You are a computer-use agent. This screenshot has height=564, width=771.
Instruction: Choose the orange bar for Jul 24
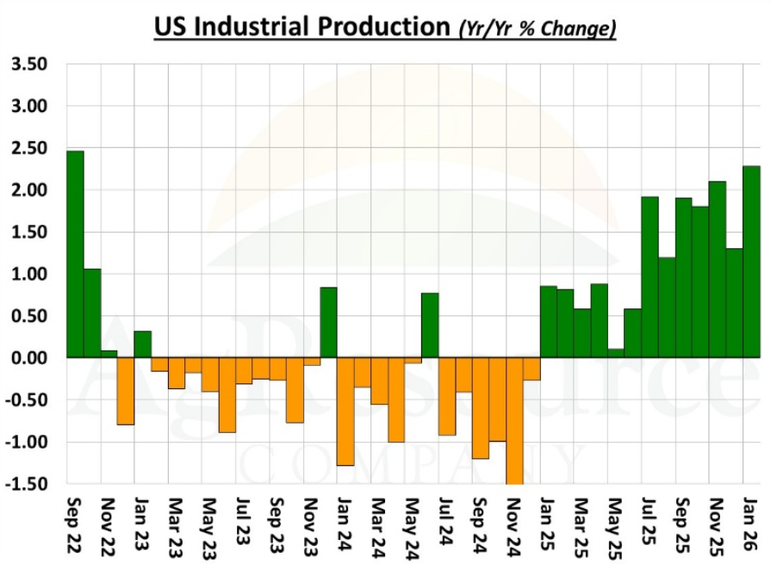(447, 396)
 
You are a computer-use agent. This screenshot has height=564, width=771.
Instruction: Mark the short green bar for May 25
(616, 353)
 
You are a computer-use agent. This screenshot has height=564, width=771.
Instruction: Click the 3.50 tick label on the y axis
(28, 65)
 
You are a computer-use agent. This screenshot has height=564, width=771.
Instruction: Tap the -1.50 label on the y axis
(26, 484)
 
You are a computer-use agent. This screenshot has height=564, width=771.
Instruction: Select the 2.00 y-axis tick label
(28, 190)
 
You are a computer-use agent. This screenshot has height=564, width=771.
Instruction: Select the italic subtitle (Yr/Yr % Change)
(535, 28)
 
